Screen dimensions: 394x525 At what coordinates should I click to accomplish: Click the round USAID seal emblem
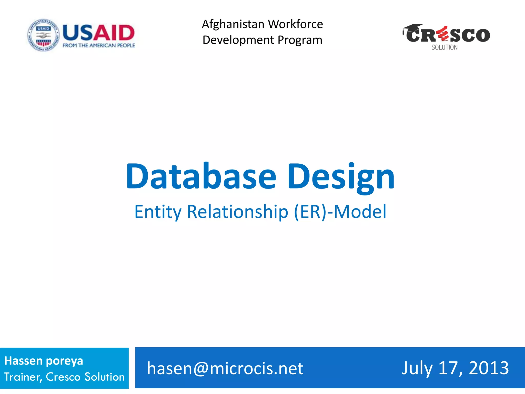[x=43, y=35]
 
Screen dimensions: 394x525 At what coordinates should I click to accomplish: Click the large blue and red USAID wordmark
[x=99, y=33]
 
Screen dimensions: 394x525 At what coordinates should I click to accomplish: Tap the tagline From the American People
[x=99, y=45]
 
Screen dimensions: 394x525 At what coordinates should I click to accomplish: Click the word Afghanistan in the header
[x=233, y=24]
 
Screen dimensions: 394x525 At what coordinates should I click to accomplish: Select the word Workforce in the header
[x=296, y=24]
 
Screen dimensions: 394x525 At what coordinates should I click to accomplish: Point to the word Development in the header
[x=238, y=40]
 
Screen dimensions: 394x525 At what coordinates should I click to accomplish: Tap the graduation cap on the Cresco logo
[x=412, y=28]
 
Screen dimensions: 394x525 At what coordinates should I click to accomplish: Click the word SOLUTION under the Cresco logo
[x=444, y=47]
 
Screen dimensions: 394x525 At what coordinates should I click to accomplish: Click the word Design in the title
[x=341, y=177]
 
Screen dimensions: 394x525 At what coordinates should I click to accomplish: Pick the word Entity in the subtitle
[x=158, y=212]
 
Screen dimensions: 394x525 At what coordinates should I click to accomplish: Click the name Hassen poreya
[x=44, y=361]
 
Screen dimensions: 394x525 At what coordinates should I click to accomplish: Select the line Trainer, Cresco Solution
[x=64, y=377]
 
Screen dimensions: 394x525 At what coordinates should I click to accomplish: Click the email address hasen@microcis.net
[x=225, y=368]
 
